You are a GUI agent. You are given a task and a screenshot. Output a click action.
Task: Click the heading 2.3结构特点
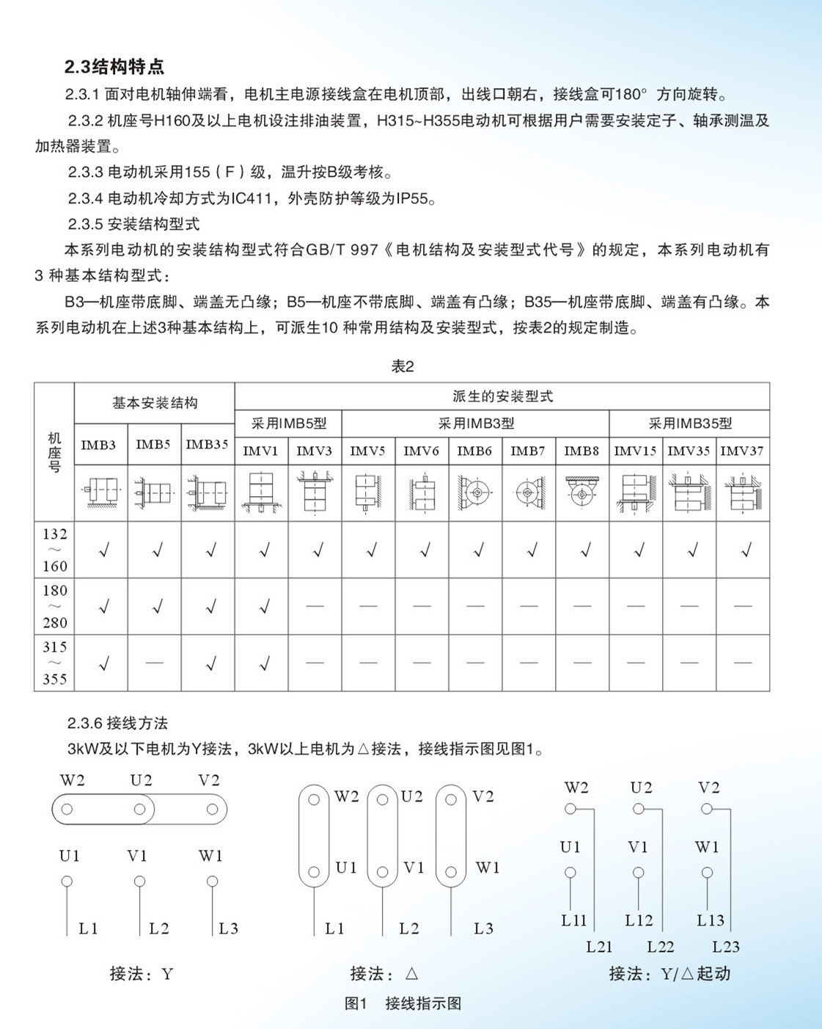pos(114,67)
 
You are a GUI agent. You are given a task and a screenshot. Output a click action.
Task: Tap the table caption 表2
pos(403,366)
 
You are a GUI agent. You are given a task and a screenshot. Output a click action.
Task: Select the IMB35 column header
pos(208,445)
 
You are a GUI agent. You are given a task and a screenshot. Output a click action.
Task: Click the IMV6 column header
pos(422,451)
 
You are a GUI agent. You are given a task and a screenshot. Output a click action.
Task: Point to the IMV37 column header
pos(742,451)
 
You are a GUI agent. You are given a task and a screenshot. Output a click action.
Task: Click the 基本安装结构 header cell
pos(155,402)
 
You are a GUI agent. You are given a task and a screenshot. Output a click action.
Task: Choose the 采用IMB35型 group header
pos(689,423)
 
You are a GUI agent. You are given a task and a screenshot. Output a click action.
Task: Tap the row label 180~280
pos(54,606)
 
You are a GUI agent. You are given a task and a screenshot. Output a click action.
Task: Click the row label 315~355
pos(54,663)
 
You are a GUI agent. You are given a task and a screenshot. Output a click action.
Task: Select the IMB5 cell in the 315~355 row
pos(155,663)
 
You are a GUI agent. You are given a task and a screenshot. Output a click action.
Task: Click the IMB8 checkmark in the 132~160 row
pos(584,550)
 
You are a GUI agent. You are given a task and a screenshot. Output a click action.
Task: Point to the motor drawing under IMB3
pos(101,492)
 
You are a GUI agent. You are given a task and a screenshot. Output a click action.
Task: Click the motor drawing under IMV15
pos(636,492)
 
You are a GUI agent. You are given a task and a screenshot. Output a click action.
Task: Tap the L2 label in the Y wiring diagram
pos(158,928)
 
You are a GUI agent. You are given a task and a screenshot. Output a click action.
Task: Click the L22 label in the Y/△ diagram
pos(661,947)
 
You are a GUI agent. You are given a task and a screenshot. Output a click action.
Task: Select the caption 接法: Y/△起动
pos(669,974)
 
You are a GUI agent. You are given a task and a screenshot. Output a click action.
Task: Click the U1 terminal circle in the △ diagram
pos(314,873)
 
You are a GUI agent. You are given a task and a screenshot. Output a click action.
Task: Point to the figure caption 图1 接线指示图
pos(403,1003)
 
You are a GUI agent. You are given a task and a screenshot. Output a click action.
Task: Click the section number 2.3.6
pos(84,723)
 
